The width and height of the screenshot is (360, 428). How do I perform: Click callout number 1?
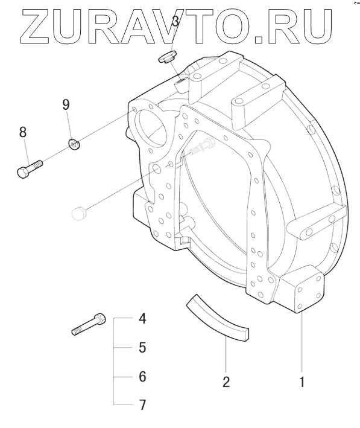(x=302, y=382)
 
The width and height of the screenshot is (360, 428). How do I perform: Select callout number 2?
(x=226, y=382)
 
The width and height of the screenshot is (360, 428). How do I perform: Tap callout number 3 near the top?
(x=175, y=21)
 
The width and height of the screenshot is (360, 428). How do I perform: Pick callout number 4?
(x=142, y=318)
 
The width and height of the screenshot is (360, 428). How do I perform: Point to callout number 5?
(x=142, y=347)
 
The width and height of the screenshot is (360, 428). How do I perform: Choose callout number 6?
(x=142, y=377)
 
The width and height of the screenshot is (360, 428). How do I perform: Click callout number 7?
(x=142, y=405)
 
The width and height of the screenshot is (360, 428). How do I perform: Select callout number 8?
(x=23, y=132)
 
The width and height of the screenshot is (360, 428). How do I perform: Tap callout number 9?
(x=66, y=104)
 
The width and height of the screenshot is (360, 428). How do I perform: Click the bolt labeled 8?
(x=30, y=169)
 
